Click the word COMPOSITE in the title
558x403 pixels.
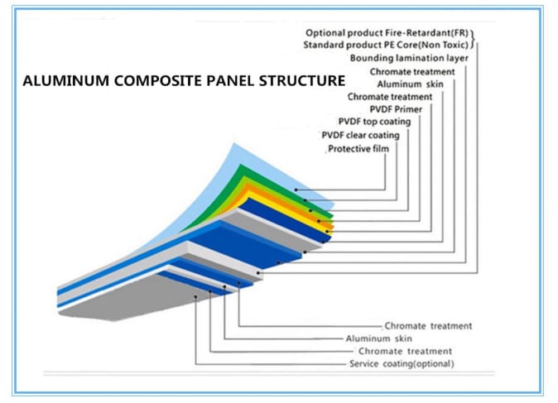point(142,81)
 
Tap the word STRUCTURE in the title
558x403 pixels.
point(300,81)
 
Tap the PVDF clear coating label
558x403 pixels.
point(360,135)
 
